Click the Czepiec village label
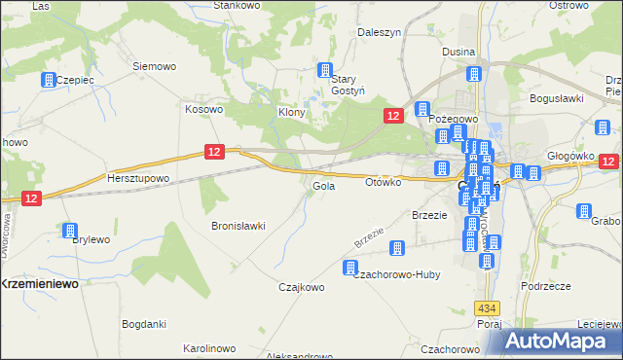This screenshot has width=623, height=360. tap(74, 80)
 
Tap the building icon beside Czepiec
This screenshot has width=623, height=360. tap(48, 81)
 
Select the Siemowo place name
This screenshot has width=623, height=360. tap(154, 66)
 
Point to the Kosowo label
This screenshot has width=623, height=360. tap(204, 109)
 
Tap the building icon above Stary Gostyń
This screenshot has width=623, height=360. tap(326, 70)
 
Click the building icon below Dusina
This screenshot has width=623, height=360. tap(474, 74)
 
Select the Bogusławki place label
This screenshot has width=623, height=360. tap(555, 98)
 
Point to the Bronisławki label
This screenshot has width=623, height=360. tap(238, 226)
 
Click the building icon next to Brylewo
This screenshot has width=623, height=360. tap(70, 231)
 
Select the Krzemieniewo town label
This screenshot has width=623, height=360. tap(39, 282)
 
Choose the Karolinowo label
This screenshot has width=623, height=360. tap(208, 347)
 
